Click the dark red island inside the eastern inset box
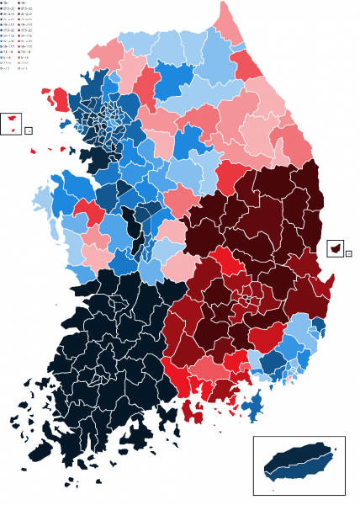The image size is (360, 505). coord(336,249)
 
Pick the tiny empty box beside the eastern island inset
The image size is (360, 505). coord(349,252)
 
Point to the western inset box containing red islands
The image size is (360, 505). coord(11,124)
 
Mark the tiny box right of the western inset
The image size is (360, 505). coord(29,131)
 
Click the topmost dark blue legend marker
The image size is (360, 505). coord(4,4)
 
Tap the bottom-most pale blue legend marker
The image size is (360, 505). coord(4,69)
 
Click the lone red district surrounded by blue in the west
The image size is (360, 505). coord(88,211)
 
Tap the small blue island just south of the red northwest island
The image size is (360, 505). coord(64,121)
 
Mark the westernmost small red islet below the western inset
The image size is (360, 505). coord(34,151)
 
